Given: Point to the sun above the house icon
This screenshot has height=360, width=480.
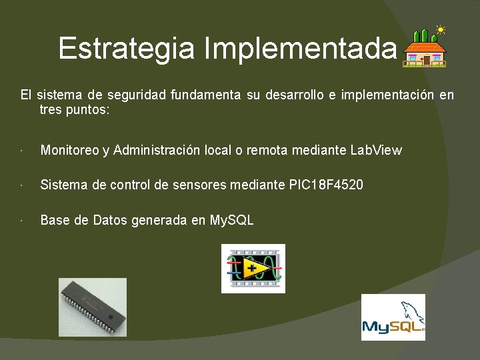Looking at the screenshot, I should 440,29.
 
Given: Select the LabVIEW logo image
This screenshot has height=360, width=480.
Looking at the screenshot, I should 253,268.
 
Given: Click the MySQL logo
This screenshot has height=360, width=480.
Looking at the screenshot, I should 393,317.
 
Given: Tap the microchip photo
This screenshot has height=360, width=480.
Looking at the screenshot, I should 92,307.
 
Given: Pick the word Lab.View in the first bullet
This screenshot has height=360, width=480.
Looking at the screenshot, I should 376,150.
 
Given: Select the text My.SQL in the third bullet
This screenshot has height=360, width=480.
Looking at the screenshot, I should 232,219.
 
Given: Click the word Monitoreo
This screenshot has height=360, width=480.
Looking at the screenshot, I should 69,150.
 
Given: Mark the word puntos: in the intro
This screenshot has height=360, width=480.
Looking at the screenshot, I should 87,109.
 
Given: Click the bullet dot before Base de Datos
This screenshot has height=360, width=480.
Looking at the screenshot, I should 23,220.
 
